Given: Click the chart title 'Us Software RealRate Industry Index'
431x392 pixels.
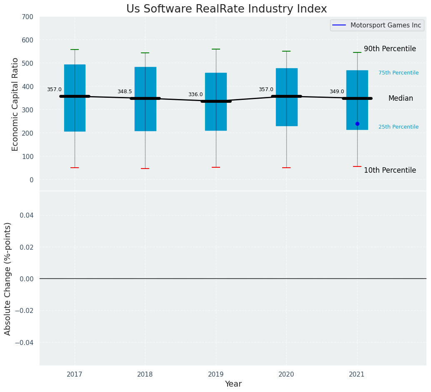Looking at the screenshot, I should click(x=226, y=9).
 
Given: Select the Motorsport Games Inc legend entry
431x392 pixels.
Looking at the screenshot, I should click(x=377, y=25).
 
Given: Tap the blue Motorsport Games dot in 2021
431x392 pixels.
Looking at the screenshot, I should click(x=357, y=124).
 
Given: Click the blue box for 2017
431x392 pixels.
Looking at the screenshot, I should click(x=75, y=121).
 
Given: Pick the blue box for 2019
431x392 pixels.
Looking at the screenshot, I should click(x=216, y=121).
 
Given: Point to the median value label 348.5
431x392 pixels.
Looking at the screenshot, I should click(x=125, y=92).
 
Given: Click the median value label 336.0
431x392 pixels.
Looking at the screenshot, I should click(x=195, y=94).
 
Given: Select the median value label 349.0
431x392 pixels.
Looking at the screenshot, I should click(x=337, y=92).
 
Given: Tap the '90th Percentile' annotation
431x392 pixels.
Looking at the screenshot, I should click(x=390, y=49).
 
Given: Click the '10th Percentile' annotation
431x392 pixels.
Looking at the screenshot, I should click(x=390, y=170).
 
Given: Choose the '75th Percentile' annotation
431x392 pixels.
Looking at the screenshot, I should click(x=398, y=73).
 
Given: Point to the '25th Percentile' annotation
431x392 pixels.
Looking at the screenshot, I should click(x=398, y=127).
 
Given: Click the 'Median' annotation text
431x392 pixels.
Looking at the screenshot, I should click(x=401, y=99).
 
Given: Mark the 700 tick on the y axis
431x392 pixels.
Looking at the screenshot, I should click(x=28, y=17).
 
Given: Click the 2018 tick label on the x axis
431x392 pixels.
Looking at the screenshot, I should click(x=145, y=375).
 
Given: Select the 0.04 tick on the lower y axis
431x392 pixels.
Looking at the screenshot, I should click(x=28, y=215).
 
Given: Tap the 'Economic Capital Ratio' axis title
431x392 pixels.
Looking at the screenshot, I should click(x=15, y=104).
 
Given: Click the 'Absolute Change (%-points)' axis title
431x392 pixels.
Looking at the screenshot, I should click(x=8, y=278).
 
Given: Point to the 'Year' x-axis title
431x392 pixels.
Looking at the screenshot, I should click(x=233, y=384).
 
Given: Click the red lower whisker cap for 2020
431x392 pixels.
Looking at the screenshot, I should click(x=286, y=168).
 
